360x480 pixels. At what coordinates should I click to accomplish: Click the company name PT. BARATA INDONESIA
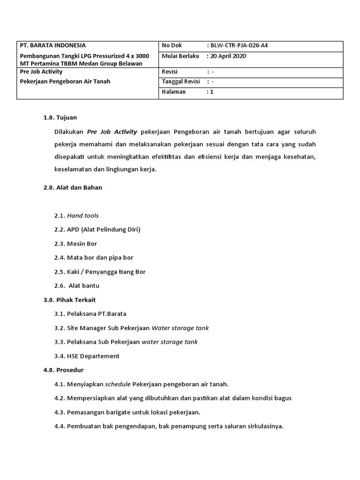click(x=52, y=45)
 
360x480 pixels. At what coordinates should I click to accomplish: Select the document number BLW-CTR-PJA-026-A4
click(x=239, y=45)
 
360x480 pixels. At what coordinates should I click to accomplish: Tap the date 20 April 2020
click(x=228, y=56)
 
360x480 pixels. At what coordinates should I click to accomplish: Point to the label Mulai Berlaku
click(x=180, y=56)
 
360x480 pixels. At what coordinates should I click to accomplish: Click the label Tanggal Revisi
click(x=181, y=82)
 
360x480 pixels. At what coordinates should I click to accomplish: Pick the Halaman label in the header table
click(x=173, y=92)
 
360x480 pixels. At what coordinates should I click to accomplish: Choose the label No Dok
click(x=172, y=45)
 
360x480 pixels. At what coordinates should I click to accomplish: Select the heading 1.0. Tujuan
click(x=60, y=117)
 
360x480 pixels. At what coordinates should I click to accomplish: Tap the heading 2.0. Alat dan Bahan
click(x=73, y=187)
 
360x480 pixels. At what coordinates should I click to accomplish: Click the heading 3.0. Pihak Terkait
click(x=69, y=300)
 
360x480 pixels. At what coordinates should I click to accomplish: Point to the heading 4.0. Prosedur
click(x=63, y=370)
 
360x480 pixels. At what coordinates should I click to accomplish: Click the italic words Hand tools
click(x=83, y=216)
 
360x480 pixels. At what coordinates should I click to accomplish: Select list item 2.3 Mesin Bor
click(x=75, y=244)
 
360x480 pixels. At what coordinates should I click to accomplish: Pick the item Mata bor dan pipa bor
click(x=100, y=257)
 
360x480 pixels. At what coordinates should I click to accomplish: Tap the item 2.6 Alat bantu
click(x=77, y=285)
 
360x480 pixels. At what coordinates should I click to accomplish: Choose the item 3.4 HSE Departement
click(x=87, y=356)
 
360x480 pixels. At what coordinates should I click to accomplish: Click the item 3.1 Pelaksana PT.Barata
click(x=90, y=314)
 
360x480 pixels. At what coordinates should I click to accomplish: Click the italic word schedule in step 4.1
click(x=118, y=384)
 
